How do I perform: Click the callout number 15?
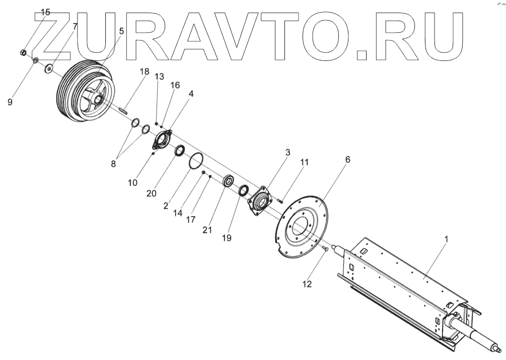(x=45, y=12)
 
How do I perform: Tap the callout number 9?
(x=10, y=102)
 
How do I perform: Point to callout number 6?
(x=347, y=160)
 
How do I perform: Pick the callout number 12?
(x=306, y=284)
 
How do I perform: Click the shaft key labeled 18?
(x=124, y=109)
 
